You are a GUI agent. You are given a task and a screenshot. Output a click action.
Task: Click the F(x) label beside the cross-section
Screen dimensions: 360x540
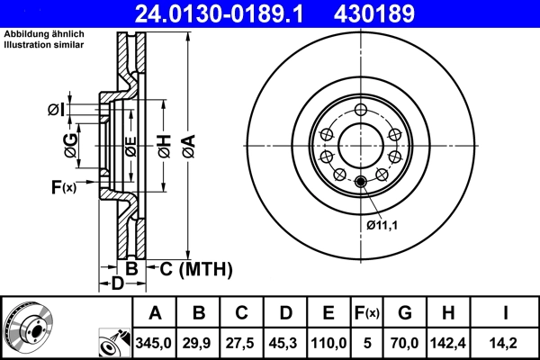(63, 187)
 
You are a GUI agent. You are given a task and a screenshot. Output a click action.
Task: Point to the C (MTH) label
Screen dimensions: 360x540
(195, 268)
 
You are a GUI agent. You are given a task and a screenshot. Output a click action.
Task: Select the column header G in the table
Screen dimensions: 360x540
(404, 313)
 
